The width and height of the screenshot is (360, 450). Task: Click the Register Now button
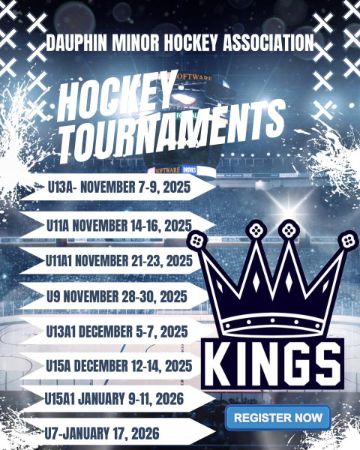pos(278,418)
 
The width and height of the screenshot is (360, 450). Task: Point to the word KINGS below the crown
pos(272,364)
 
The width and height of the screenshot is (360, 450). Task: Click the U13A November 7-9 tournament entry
pos(118,187)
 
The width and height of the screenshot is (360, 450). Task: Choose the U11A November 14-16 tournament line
pos(118,226)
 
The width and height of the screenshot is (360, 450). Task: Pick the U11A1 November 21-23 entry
pos(118,261)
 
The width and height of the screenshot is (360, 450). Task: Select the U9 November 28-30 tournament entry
pos(116,296)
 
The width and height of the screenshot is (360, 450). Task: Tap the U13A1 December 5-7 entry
pos(117,331)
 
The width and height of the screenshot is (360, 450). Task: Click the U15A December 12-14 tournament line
pos(118,366)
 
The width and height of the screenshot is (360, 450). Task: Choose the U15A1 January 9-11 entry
pos(114,399)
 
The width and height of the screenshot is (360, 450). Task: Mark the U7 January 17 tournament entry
pos(102,433)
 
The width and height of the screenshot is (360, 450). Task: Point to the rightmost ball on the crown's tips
pos(348,241)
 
